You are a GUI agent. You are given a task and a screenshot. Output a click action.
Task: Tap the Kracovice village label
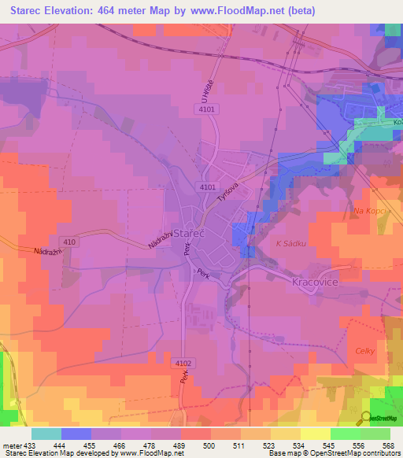click(x=315, y=281)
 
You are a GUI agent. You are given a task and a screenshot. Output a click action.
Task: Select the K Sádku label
click(x=289, y=245)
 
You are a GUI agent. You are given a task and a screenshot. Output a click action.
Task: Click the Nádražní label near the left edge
click(x=48, y=251)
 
